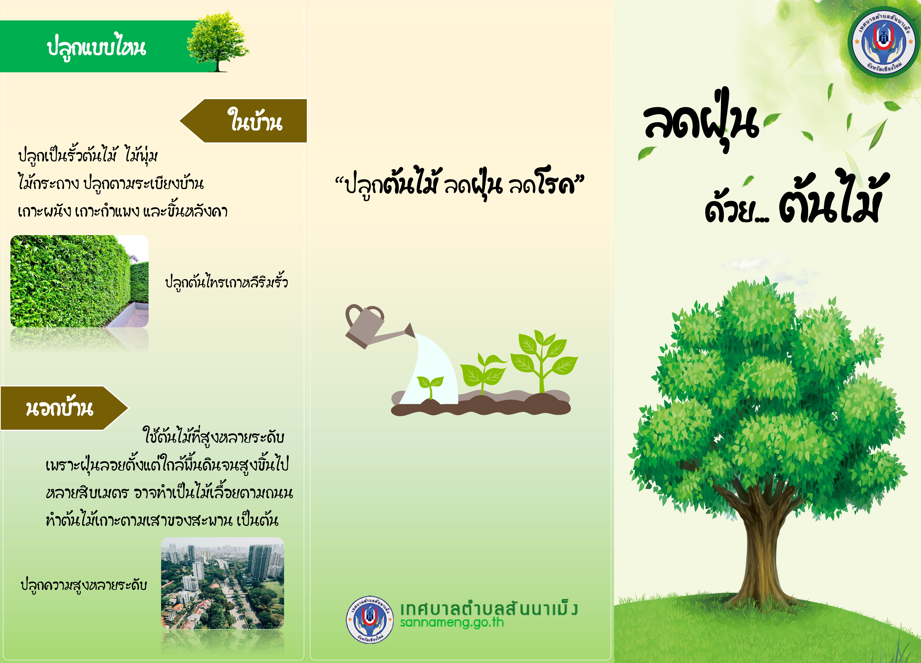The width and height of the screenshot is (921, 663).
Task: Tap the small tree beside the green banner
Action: click(x=218, y=42)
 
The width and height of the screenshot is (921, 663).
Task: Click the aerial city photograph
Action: click(x=222, y=583)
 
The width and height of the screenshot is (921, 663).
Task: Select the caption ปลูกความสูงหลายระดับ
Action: click(x=84, y=585)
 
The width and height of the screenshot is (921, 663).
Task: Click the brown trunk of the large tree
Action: click(x=763, y=552)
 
